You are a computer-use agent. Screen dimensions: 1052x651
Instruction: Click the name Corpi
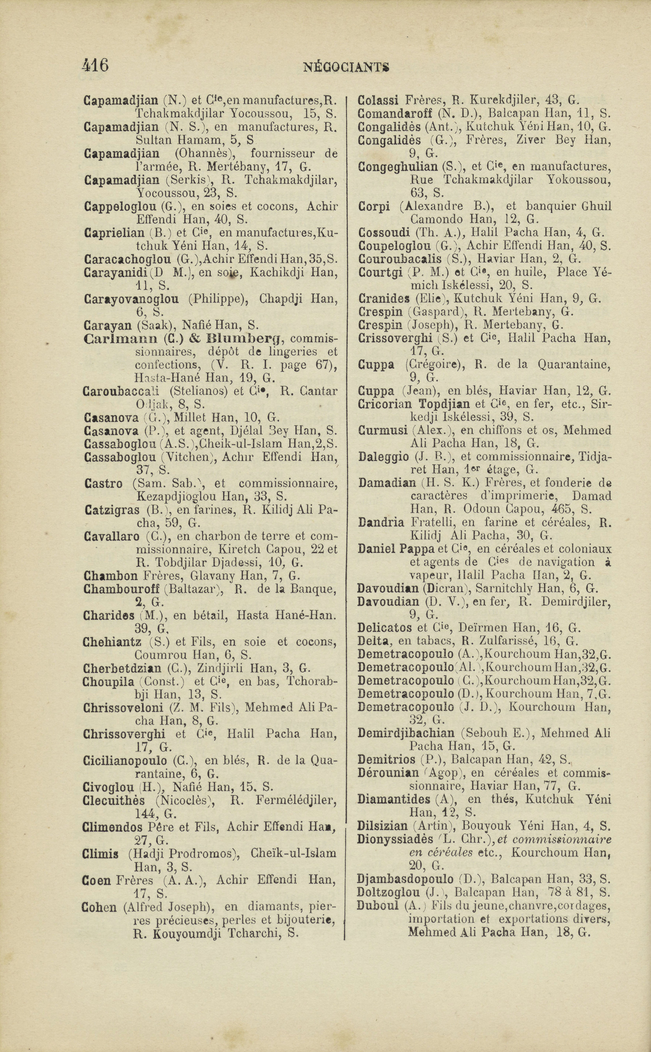pyautogui.click(x=374, y=206)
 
